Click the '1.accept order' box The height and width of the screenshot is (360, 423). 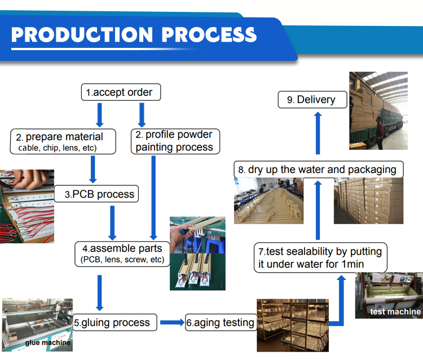click(x=120, y=92)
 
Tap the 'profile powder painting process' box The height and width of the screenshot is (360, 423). click(x=175, y=141)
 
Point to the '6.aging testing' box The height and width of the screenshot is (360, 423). click(x=221, y=323)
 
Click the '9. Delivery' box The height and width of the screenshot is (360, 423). click(x=311, y=100)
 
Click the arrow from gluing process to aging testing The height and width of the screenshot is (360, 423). click(x=172, y=323)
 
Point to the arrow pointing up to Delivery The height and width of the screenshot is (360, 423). click(x=318, y=132)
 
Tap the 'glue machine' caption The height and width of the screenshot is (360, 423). click(x=47, y=343)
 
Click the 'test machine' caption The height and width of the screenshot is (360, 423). click(x=395, y=312)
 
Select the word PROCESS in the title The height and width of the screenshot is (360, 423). click(x=209, y=34)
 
